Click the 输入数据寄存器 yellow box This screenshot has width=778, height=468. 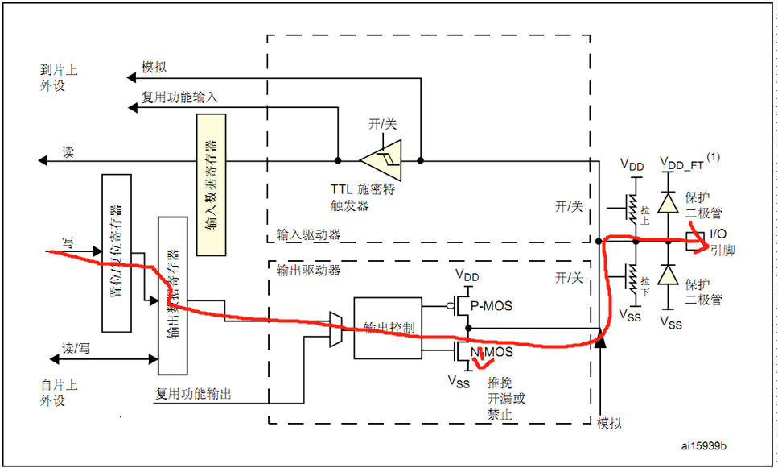[212, 185]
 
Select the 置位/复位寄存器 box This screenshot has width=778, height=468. [117, 252]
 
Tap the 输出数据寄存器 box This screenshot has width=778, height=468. [172, 296]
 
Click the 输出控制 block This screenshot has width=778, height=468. [388, 328]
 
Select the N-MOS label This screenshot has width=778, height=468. [494, 352]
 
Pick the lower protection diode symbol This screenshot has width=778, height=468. [666, 276]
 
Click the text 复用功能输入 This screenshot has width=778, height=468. [179, 97]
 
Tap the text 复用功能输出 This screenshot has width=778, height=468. [192, 394]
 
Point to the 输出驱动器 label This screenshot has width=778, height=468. [307, 270]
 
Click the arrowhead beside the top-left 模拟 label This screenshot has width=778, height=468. [131, 77]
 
